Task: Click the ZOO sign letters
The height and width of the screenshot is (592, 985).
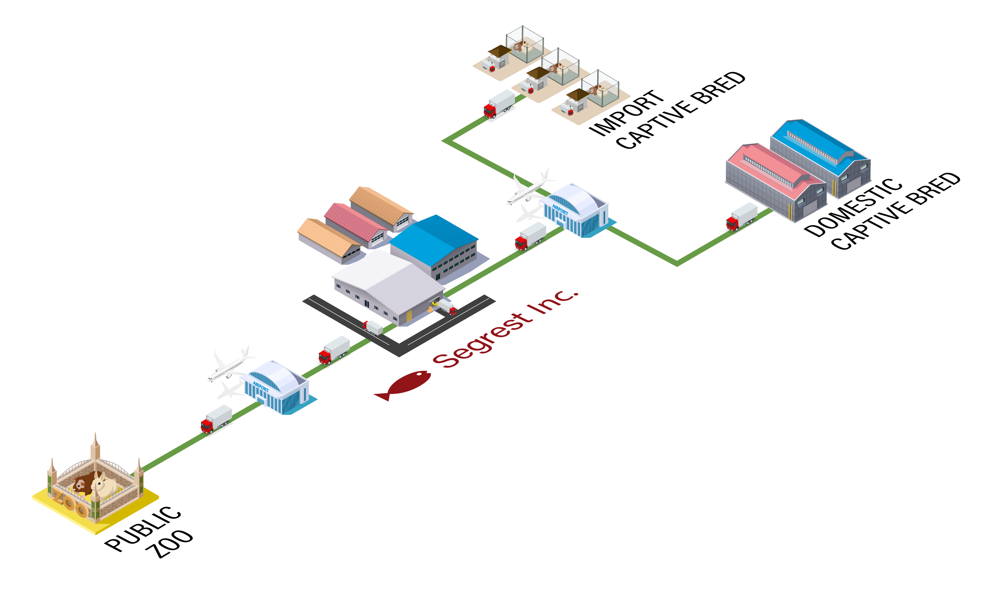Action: click(x=70, y=503)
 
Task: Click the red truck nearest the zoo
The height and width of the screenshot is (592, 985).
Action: click(x=216, y=419)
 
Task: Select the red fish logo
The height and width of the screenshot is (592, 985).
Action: click(x=403, y=385)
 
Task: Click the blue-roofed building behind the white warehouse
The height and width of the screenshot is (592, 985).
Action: click(x=435, y=243)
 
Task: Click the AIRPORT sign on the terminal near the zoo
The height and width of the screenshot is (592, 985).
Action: click(x=260, y=386)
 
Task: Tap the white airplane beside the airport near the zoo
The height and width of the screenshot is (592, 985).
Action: click(x=230, y=365)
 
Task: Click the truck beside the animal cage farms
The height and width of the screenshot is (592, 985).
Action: click(x=499, y=104)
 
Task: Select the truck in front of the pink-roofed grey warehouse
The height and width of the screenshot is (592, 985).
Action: click(x=741, y=217)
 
